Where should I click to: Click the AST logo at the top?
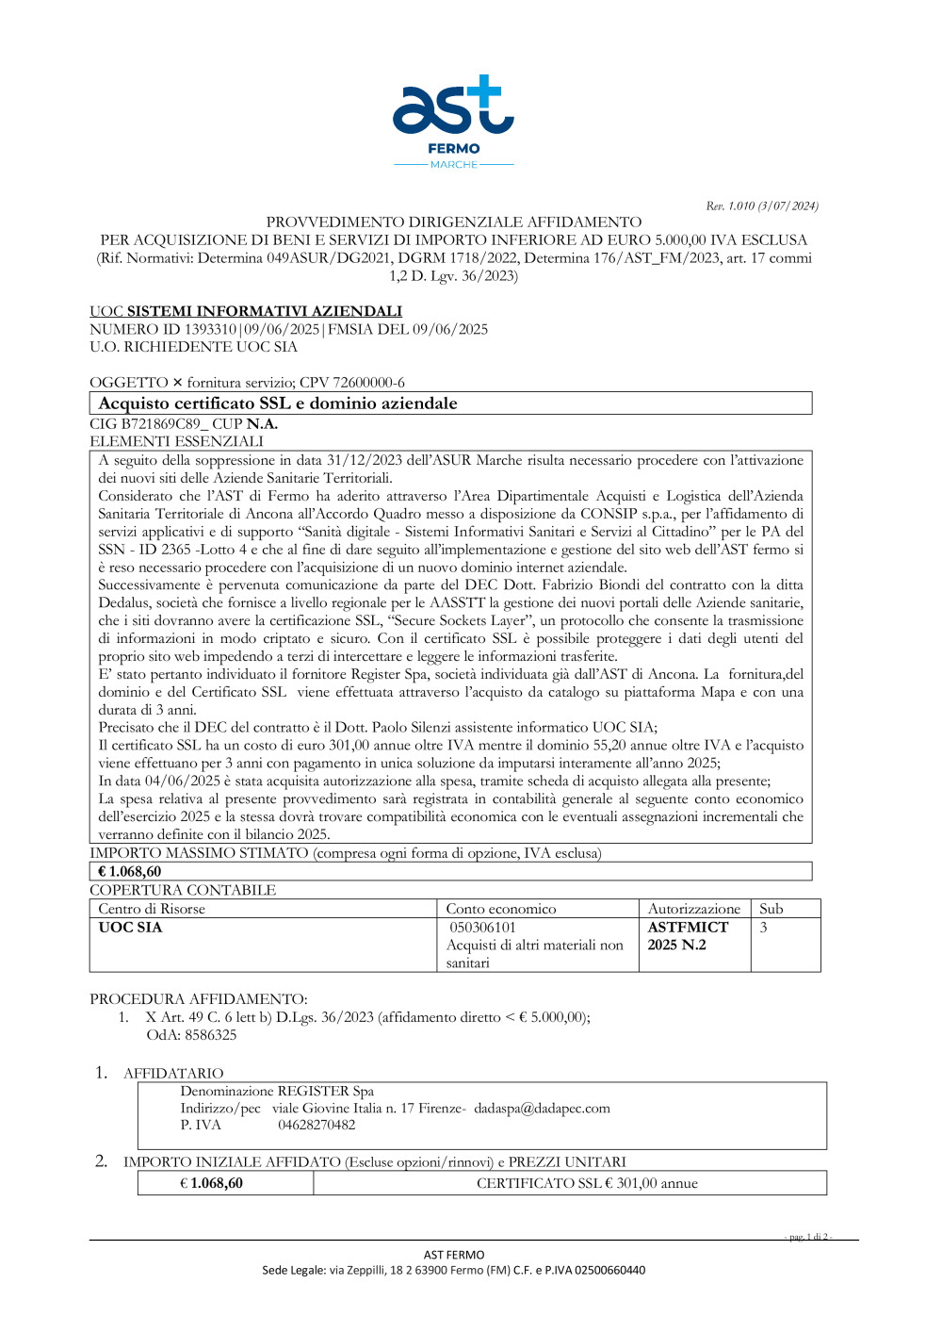point(453,121)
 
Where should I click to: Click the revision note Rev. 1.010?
point(761,206)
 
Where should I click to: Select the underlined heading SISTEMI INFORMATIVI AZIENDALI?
point(264,311)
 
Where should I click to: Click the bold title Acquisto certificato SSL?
point(278,403)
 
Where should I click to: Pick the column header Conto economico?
point(501,909)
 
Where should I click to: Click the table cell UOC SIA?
point(130,928)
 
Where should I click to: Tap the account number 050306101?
point(482,928)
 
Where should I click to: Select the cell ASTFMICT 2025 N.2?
point(688,936)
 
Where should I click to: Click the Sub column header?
point(771,909)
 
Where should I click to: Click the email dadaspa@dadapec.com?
point(542,1109)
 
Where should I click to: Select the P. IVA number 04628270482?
point(317,1125)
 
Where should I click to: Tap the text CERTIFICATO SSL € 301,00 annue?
point(587,1183)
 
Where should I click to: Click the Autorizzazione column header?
point(694,909)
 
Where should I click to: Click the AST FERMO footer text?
point(454,1255)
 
